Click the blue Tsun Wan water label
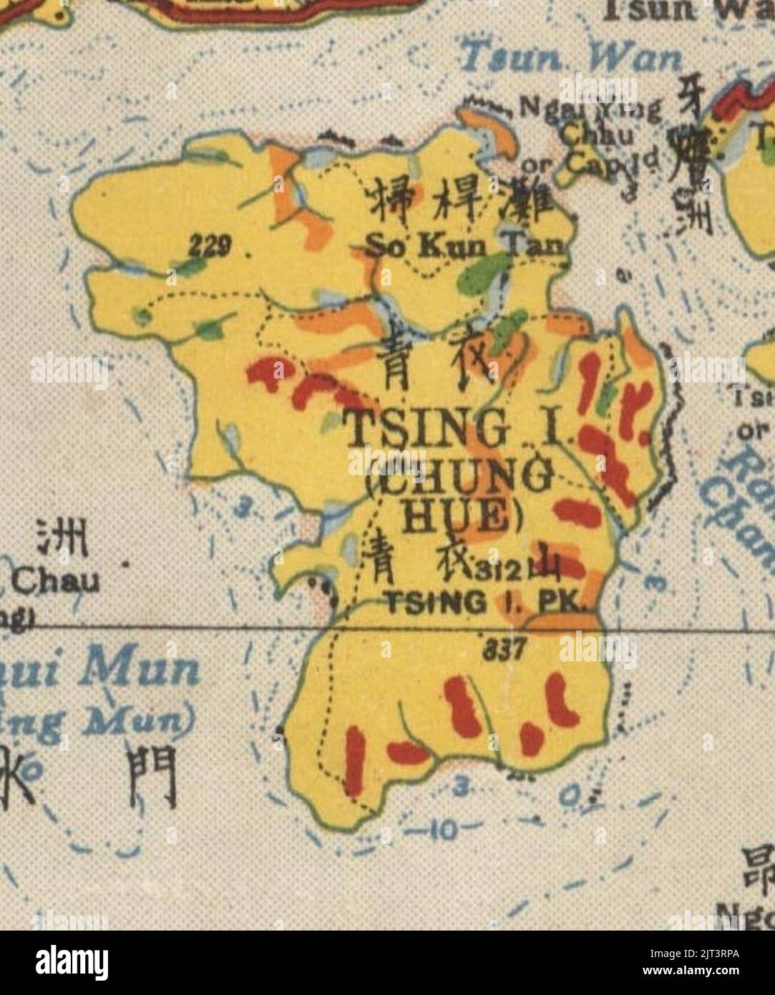pyautogui.click(x=570, y=58)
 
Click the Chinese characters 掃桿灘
pyautogui.click(x=459, y=203)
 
